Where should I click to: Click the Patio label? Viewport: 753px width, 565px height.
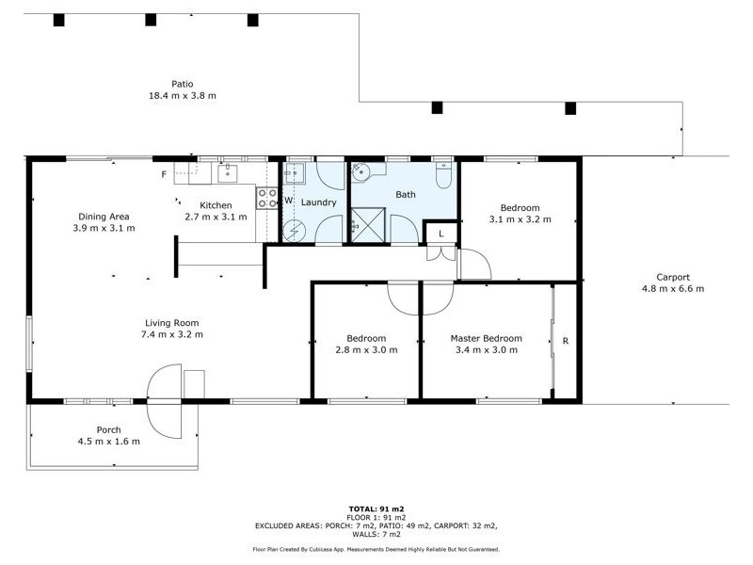(x=183, y=83)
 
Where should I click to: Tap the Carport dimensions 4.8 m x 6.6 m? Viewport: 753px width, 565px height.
(x=672, y=289)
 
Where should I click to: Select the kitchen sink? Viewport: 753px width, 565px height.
(x=227, y=172)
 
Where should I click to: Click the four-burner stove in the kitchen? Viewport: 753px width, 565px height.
(x=267, y=198)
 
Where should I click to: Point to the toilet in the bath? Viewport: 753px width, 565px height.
(x=443, y=175)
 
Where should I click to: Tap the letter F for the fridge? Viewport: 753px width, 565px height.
(x=164, y=174)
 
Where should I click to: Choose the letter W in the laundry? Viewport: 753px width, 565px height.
(x=289, y=202)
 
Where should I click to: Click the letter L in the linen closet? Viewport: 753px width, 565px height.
(x=440, y=233)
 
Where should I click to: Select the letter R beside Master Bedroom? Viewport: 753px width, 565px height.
(x=565, y=341)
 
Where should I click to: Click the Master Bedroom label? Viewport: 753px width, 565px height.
(x=486, y=338)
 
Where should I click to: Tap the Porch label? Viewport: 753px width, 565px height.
(x=109, y=429)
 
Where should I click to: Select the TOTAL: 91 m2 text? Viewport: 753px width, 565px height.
(x=376, y=508)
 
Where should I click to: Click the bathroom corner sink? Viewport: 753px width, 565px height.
(x=362, y=172)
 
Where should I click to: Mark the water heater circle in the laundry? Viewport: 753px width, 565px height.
(x=295, y=229)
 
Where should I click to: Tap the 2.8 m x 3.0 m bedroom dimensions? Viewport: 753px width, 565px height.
(x=366, y=350)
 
